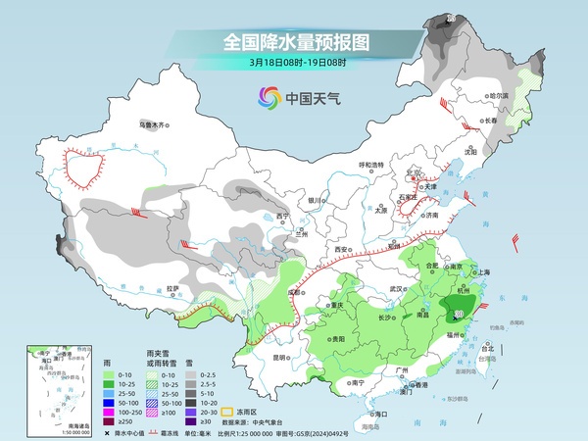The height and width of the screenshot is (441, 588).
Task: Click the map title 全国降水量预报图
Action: coord(295,42)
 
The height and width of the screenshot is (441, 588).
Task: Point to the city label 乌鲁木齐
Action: coord(154,124)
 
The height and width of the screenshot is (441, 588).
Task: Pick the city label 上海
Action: coord(481,271)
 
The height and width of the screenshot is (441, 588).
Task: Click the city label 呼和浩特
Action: coord(371,165)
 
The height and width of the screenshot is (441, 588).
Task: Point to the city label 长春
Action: coord(489,121)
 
